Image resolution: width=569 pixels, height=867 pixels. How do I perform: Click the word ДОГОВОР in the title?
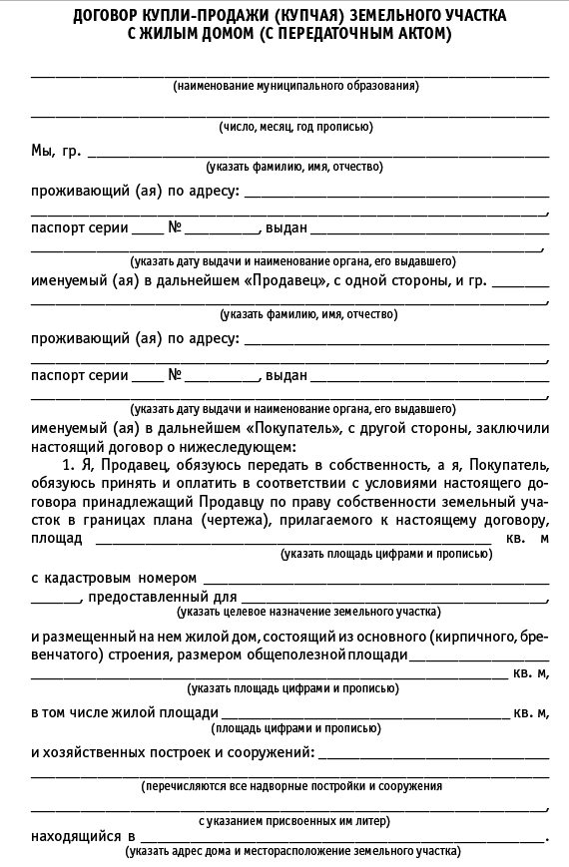108,17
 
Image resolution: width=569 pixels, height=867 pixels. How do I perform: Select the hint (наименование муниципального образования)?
295,86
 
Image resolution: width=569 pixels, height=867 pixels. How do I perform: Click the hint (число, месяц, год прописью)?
295,127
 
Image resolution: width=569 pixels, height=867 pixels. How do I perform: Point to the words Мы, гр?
56,152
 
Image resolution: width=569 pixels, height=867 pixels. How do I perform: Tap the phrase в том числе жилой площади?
125,713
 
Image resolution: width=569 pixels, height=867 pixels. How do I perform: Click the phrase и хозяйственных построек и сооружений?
173,750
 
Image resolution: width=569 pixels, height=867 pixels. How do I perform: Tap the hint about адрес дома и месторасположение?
292,852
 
